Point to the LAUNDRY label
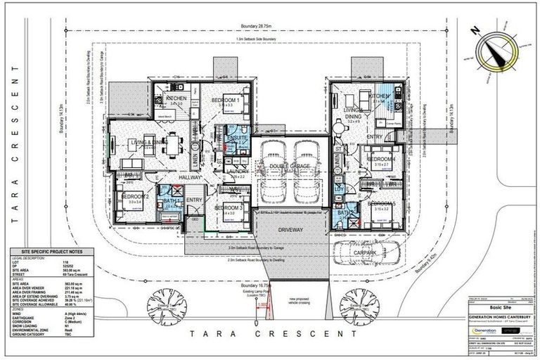[x=235, y=170]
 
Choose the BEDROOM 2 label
[x=135, y=196]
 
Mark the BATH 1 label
[x=169, y=202]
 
